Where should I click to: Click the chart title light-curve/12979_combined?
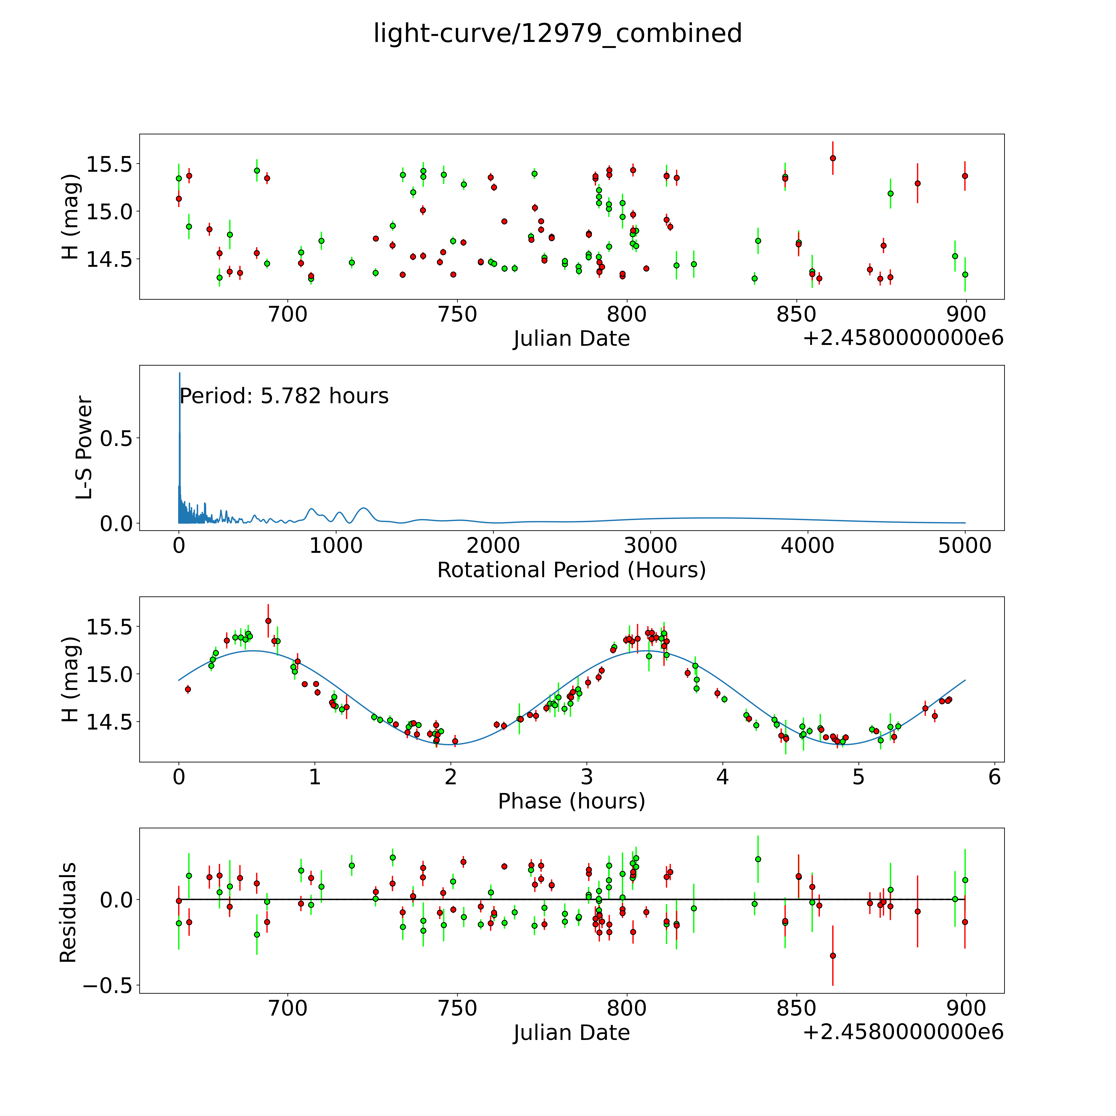click(557, 33)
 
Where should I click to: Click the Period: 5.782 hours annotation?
click(284, 396)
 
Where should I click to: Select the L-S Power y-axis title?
click(84, 448)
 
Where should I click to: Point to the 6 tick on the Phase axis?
click(994, 777)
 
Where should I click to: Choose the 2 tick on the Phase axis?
click(451, 777)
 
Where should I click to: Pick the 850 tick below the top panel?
click(796, 315)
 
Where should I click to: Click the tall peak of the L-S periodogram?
click(180, 374)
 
